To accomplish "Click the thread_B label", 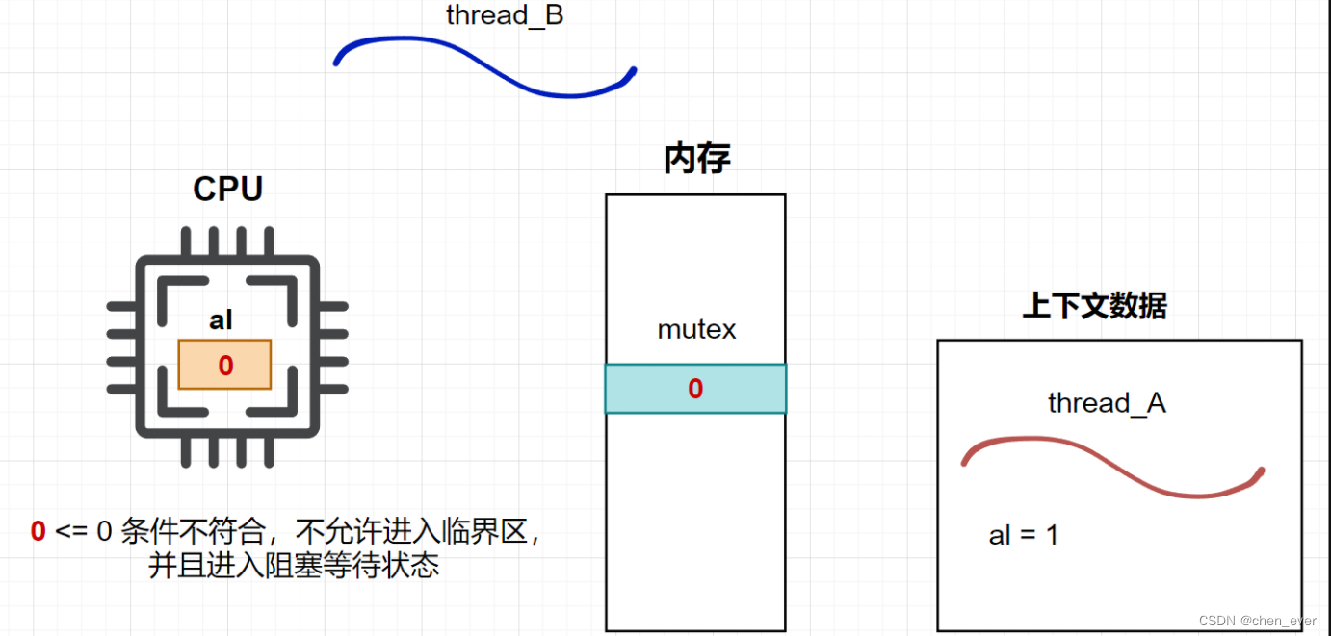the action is (504, 15).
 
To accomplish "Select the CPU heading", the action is (227, 189).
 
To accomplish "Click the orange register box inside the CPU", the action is (224, 365).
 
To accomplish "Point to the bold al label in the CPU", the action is (222, 320).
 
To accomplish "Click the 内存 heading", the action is (696, 159).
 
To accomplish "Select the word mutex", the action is (696, 329).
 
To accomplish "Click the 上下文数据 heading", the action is (1094, 306).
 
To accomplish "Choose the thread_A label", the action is (1107, 403).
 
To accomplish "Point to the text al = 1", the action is (1023, 535).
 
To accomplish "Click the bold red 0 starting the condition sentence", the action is (39, 531).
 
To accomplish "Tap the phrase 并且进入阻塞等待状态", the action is (294, 565).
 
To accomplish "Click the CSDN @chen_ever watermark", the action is (1257, 621).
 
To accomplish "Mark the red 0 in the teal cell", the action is (695, 389).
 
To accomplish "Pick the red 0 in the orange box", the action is (225, 366).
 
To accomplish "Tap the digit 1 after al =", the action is (1052, 535).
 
